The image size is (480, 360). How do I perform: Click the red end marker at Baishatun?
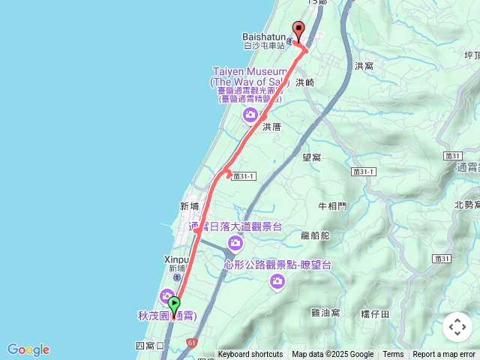pyautogui.click(x=298, y=31)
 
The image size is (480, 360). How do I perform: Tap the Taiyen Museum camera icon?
pyautogui.click(x=250, y=115)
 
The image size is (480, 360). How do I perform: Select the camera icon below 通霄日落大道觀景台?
pyautogui.click(x=235, y=242)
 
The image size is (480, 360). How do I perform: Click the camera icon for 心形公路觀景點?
pyautogui.click(x=277, y=281)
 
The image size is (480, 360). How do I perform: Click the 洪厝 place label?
pyautogui.click(x=271, y=127)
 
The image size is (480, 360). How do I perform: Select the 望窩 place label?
pyautogui.click(x=311, y=157)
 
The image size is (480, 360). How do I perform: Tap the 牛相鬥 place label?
pyautogui.click(x=332, y=205)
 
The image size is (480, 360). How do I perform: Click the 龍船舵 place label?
pyautogui.click(x=315, y=235)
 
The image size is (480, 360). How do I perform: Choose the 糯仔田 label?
pyautogui.click(x=374, y=313)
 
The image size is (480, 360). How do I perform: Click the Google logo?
pyautogui.click(x=28, y=349)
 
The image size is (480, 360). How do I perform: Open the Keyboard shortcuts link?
pyautogui.click(x=250, y=355)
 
